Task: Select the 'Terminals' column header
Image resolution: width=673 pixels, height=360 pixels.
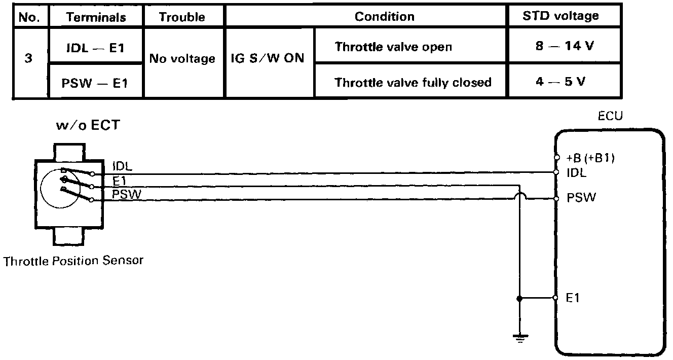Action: coord(96,17)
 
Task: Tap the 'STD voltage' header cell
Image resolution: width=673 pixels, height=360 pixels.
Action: coord(560,16)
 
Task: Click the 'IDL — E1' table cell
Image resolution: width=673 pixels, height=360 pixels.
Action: coord(96,47)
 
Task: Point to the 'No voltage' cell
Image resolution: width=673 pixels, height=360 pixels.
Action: coord(182,59)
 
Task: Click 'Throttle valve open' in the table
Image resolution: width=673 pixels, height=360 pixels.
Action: coord(393,47)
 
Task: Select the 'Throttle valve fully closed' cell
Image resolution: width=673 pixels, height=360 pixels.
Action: coord(413,82)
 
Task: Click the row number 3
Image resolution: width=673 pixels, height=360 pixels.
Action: coord(28,58)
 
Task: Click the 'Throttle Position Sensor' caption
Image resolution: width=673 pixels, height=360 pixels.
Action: coord(73,261)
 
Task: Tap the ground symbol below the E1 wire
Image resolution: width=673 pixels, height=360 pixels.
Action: coord(518,337)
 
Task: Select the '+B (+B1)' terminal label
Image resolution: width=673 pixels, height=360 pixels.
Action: coord(591,158)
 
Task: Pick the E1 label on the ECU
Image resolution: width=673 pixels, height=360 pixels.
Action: coord(573,298)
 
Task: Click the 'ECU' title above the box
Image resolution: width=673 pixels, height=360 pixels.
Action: coord(610,116)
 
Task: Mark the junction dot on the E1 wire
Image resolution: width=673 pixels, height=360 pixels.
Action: coord(518,298)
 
